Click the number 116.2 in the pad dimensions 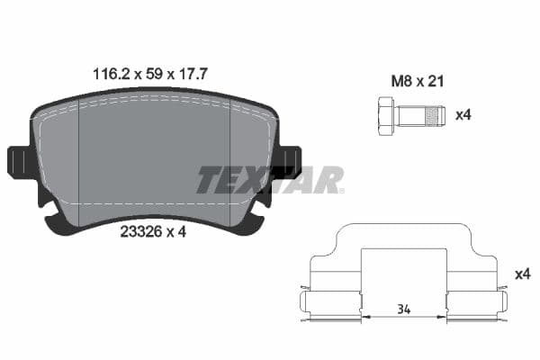coord(110,76)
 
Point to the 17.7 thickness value coord(191,76)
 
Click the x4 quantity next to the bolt coord(464,115)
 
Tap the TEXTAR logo coord(270,180)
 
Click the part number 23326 coord(139,232)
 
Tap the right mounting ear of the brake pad coord(288,161)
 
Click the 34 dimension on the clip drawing coord(404,309)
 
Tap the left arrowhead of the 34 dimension coord(364,317)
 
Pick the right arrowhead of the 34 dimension coord(444,317)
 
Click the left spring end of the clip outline coord(302,303)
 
